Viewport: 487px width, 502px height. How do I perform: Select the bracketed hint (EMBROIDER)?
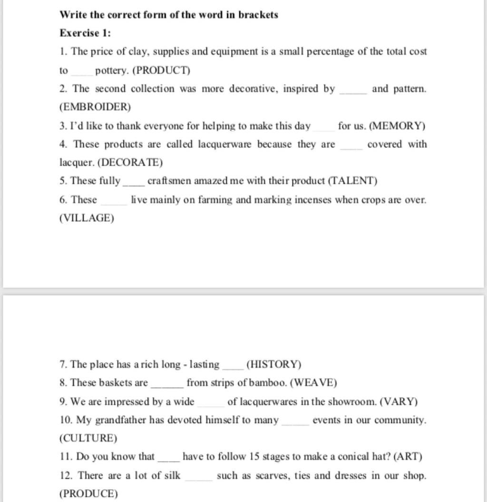point(95,107)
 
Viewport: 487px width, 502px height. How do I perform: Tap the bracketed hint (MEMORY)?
point(397,126)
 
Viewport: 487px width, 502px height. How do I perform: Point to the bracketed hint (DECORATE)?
point(130,163)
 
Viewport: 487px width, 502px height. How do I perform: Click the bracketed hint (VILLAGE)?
point(87,218)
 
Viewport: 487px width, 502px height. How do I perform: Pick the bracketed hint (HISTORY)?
point(274,365)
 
